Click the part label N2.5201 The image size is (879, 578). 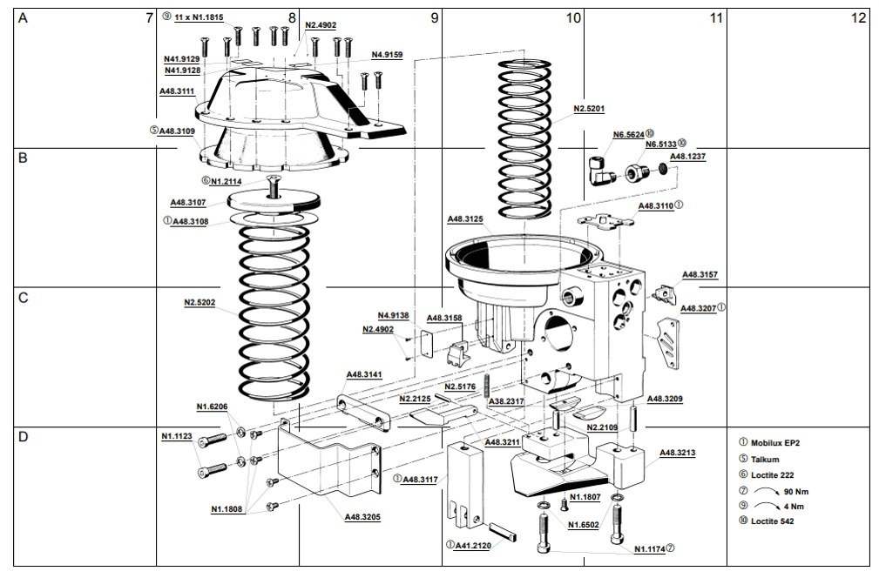tap(589, 109)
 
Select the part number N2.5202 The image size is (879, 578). tap(200, 303)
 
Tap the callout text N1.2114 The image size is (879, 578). tap(225, 181)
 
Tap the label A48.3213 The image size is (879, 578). tap(678, 453)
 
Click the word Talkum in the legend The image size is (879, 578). tap(765, 459)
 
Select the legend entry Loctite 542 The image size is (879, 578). tap(772, 521)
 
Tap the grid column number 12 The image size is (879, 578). tap(858, 17)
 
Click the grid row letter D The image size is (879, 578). tap(24, 436)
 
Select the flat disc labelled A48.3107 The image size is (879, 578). tap(273, 198)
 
